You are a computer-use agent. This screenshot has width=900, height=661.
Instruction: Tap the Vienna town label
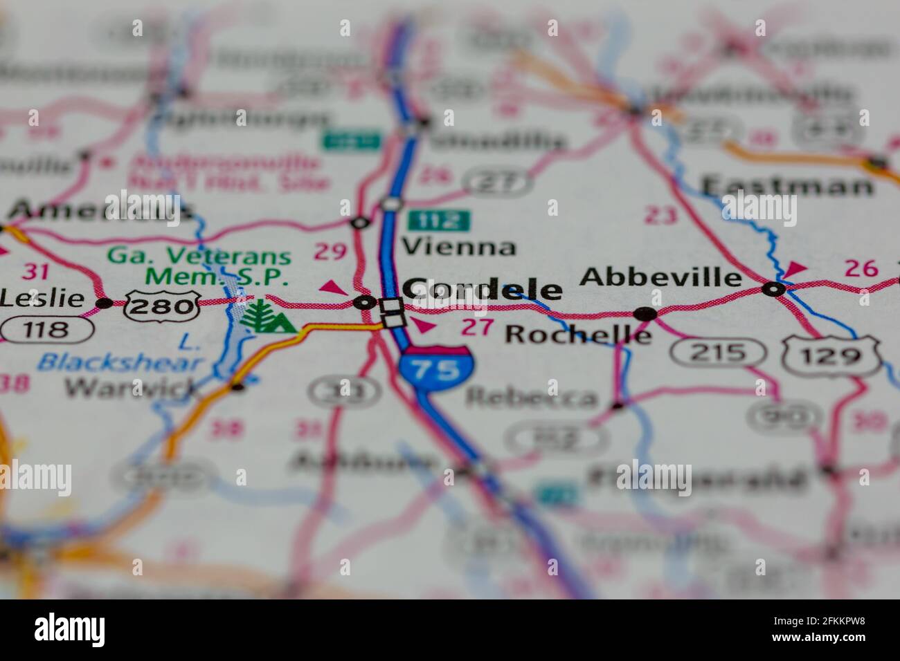point(459,247)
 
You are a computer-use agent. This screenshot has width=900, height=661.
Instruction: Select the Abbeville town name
point(660,277)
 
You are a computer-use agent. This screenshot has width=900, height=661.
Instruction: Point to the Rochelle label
point(578,334)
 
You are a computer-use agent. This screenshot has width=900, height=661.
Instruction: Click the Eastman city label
point(786,187)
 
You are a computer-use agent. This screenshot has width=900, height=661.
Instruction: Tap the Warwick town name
point(132,388)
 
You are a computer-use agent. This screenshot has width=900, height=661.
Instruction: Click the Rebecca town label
point(531,398)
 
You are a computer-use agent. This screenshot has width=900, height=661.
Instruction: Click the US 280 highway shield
point(161,305)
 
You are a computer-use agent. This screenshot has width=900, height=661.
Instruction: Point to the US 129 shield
point(831,355)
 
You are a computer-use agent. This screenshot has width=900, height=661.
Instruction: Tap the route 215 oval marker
point(718,353)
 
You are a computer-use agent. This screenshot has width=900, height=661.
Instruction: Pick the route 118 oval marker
point(46,330)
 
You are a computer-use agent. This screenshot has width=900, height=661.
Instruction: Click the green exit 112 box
point(438,221)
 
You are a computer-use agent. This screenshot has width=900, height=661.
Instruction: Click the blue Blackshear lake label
point(120,362)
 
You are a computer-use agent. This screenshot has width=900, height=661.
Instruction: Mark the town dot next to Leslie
point(105,303)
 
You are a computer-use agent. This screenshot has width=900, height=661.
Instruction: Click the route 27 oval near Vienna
point(498,183)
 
